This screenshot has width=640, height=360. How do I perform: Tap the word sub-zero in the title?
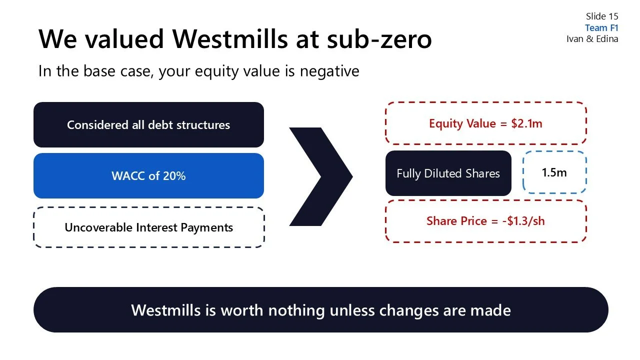[x=379, y=39]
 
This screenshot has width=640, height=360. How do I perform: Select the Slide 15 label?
[x=602, y=17]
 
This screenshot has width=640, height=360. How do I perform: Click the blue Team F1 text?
[x=601, y=28]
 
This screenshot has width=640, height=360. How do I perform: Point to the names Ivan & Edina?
[x=592, y=39]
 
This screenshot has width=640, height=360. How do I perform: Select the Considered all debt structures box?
[x=148, y=125]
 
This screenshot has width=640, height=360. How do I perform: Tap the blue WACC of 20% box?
[x=148, y=176]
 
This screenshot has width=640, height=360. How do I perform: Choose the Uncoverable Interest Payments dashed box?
[x=148, y=227]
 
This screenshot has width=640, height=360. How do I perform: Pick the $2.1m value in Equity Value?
[x=526, y=123]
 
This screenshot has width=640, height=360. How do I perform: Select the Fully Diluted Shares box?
[x=448, y=173]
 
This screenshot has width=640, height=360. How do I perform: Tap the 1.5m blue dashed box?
[x=554, y=172]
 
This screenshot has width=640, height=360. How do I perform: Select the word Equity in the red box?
[x=445, y=123]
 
